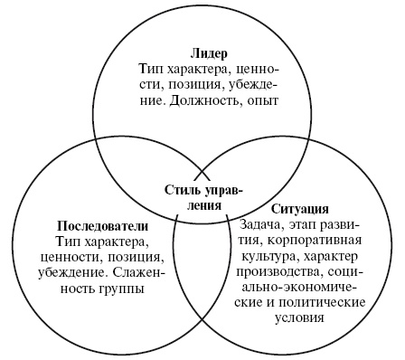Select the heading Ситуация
pos(298,208)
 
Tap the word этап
pos(308,224)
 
